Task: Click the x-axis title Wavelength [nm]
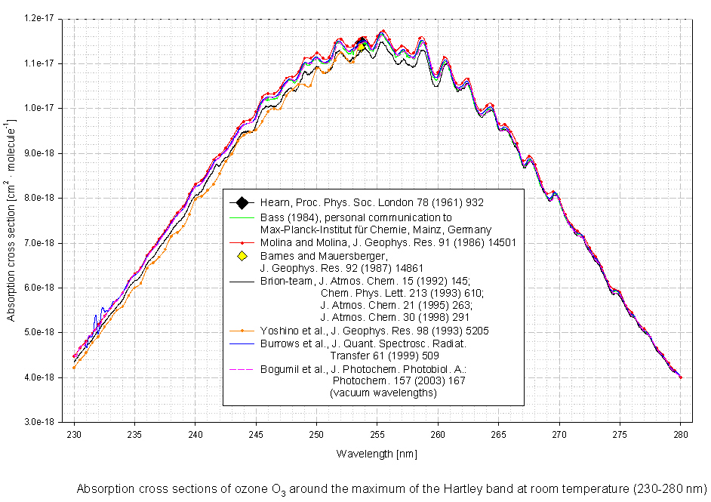pos(377,454)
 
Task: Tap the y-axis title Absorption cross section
pos(11,219)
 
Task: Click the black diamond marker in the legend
pos(242,202)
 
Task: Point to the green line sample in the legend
pos(242,217)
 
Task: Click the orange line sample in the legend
pos(242,330)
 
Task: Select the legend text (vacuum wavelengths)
pos(383,393)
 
